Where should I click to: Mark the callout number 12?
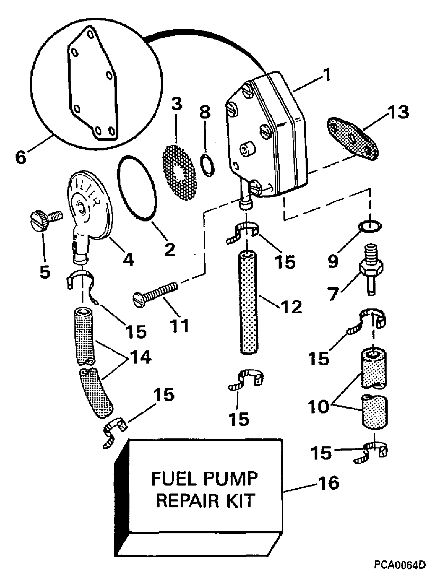(291, 307)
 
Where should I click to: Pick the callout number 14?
(141, 357)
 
